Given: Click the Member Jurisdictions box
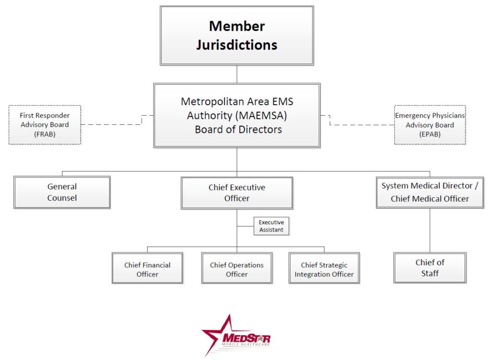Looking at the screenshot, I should click(237, 36).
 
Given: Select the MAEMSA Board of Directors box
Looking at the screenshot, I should click(237, 115).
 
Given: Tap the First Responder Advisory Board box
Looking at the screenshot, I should click(45, 125).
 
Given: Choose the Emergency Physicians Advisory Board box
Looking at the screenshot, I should click(430, 125).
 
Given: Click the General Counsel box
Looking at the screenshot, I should click(62, 192).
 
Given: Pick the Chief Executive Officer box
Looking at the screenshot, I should click(237, 193).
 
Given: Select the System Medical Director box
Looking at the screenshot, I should click(430, 192).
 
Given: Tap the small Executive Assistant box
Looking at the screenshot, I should click(271, 226).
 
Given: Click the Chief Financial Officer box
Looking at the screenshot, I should click(147, 270).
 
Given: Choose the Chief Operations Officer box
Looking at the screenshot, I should click(237, 270).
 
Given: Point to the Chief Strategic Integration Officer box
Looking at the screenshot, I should click(324, 270).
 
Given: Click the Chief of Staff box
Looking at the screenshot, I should click(430, 268).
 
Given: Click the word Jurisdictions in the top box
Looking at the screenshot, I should click(237, 45).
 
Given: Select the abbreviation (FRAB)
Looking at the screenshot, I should click(45, 134).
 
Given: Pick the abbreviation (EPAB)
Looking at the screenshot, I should click(430, 134).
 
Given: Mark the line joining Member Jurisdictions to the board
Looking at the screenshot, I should click(237, 74).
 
